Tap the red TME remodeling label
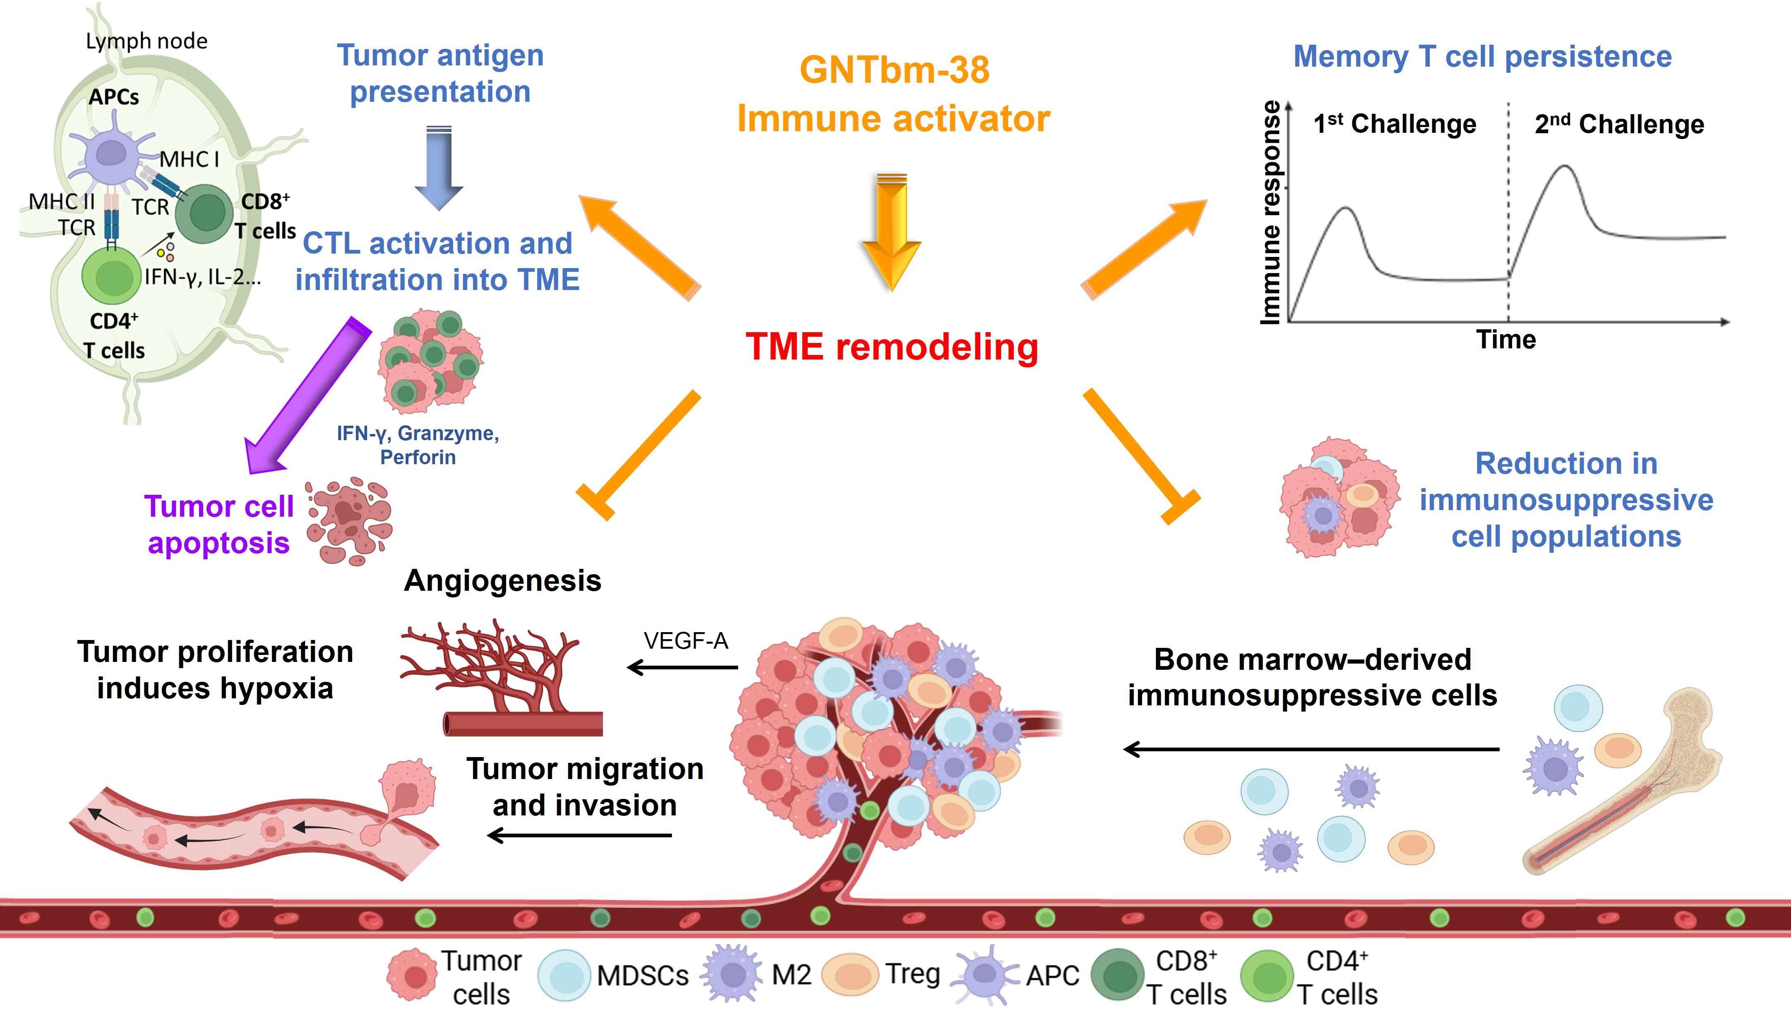[892, 346]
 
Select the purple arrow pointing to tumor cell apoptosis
[307, 397]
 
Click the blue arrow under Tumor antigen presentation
[439, 167]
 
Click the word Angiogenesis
[502, 580]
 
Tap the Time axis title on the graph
[1505, 340]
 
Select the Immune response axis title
[1271, 212]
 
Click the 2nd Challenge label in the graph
[1619, 124]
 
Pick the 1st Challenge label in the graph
[1395, 124]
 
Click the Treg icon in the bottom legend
[850, 975]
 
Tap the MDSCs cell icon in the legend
[564, 975]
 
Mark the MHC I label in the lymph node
[190, 159]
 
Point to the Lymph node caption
[146, 41]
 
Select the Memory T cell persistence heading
[1482, 56]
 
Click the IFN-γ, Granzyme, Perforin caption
[418, 445]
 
